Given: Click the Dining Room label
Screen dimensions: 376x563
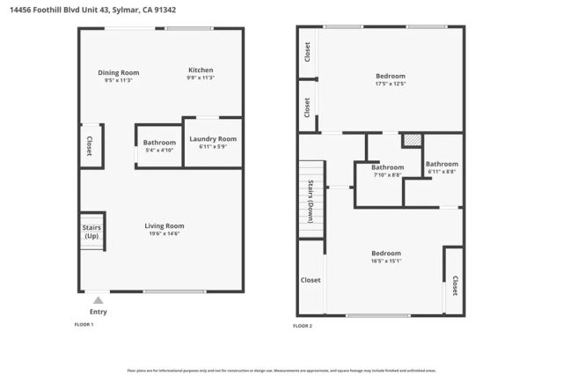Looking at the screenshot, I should tap(118, 72).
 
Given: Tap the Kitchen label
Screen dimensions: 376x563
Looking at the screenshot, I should tap(201, 70).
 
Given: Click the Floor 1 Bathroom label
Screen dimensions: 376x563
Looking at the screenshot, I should tap(160, 142).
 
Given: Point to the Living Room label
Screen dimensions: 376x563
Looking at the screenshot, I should tap(165, 225).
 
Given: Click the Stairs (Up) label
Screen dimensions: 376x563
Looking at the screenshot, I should tap(91, 232).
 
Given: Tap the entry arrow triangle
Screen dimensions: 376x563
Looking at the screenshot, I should tap(98, 300).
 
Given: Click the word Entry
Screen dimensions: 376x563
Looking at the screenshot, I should tap(98, 312).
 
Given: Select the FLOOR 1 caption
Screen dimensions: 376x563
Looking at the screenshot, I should tap(84, 325).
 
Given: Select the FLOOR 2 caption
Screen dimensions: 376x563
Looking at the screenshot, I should tap(303, 326).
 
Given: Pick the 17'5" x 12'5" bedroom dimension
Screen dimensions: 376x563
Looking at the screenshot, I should tap(391, 85).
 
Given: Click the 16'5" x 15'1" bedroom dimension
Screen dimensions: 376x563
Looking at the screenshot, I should tap(385, 261).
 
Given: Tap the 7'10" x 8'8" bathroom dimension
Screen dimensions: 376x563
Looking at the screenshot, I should tap(387, 175).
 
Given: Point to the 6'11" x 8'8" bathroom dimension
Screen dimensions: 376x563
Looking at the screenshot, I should tap(442, 171).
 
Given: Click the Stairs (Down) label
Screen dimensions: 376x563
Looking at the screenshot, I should tap(311, 201).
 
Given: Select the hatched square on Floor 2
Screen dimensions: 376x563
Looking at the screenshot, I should tap(412, 140).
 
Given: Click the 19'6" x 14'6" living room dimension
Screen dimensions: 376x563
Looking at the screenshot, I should tap(165, 233).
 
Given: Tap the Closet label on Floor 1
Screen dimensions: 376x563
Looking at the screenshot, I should tap(89, 146).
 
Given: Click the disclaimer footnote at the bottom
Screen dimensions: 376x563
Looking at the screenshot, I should tap(281, 370).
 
